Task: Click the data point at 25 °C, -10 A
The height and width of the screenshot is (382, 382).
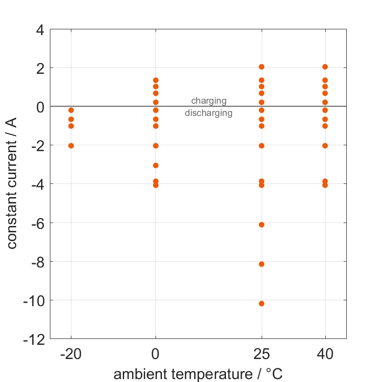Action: coord(262,303)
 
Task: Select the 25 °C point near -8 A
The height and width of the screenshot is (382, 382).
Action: coord(262,264)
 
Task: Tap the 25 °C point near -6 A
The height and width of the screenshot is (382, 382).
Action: coord(262,225)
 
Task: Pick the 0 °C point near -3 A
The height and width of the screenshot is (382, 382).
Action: coord(156,165)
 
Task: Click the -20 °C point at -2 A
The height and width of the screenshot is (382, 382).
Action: coord(71,145)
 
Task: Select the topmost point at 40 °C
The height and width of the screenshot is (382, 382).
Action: coord(325,67)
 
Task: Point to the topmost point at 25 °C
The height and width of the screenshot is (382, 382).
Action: coord(262,67)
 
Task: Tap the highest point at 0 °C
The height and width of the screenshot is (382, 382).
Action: coord(156,80)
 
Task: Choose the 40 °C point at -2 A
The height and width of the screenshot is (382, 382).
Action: coord(325,145)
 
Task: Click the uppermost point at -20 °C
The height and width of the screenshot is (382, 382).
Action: coord(71,110)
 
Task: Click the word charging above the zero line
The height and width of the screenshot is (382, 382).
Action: coord(209,101)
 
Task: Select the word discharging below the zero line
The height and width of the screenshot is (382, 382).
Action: coord(209,113)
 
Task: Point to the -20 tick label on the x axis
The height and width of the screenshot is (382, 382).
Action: coord(71,354)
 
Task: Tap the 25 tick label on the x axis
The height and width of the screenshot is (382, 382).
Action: coord(262,354)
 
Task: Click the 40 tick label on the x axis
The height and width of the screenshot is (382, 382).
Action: coord(325,354)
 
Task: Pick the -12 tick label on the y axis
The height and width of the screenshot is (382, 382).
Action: coord(35,338)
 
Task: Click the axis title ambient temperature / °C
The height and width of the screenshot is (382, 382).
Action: coord(198,374)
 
